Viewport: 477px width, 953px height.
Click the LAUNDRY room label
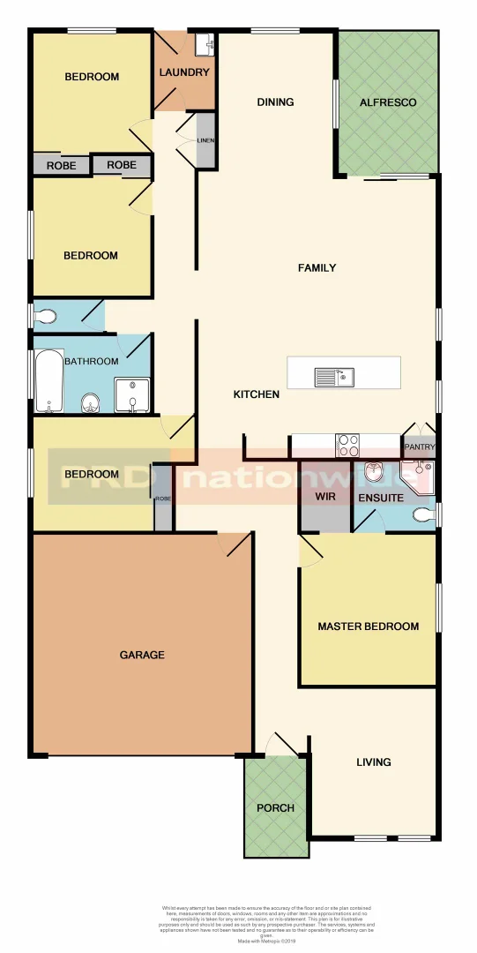click(x=184, y=72)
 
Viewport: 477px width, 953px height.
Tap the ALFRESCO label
click(x=388, y=102)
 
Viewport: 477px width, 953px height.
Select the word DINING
click(x=275, y=102)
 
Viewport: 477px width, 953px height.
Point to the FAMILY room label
click(x=317, y=267)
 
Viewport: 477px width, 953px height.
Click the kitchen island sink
click(x=333, y=378)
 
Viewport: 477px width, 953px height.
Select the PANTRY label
click(x=420, y=447)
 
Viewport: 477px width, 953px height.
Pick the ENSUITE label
click(x=381, y=499)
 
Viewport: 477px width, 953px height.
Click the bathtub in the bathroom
click(x=48, y=381)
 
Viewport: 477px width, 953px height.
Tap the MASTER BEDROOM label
click(x=368, y=627)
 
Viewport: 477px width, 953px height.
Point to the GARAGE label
click(x=142, y=655)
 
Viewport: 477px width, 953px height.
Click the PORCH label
click(x=275, y=808)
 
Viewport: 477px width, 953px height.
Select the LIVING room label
click(x=374, y=762)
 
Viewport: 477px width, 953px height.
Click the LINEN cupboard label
click(x=205, y=140)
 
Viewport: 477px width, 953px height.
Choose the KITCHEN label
click(x=257, y=394)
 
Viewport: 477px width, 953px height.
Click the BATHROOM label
click(x=91, y=362)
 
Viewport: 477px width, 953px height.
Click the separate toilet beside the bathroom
click(x=48, y=315)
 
